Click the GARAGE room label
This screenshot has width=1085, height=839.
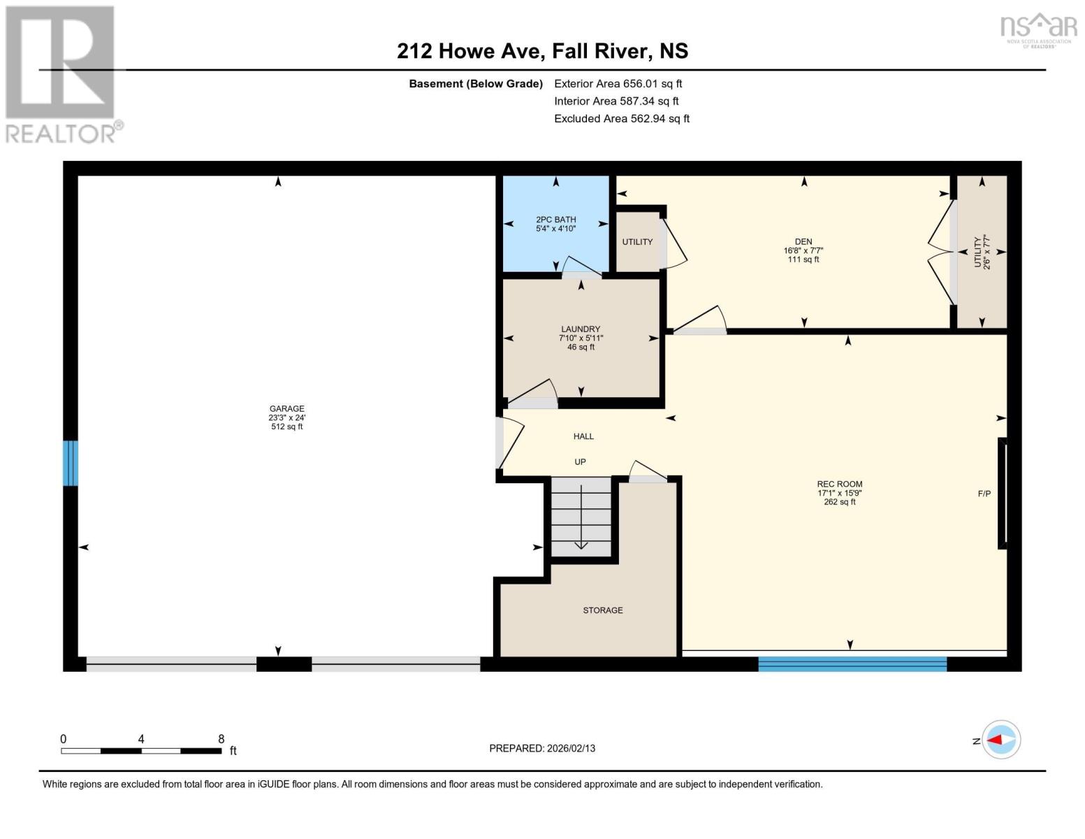286,409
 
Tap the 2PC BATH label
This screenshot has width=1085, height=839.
555,220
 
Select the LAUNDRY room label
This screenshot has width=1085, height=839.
581,329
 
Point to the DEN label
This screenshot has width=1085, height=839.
803,242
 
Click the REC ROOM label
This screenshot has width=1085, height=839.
839,484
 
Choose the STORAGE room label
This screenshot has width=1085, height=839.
602,610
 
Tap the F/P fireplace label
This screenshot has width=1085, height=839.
984,494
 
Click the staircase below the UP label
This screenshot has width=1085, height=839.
581,517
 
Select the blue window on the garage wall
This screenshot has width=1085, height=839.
71,463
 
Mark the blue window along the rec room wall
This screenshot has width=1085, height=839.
852,664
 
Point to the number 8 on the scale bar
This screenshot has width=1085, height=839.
221,739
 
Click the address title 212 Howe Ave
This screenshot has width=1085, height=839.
542,51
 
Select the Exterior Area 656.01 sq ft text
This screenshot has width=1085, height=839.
618,83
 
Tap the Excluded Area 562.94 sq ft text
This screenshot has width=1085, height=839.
621,119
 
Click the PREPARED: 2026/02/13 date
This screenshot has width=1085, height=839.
542,748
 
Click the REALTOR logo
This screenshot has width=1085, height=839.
62,74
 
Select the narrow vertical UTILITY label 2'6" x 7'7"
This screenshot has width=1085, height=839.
982,252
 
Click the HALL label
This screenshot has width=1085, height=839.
583,436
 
